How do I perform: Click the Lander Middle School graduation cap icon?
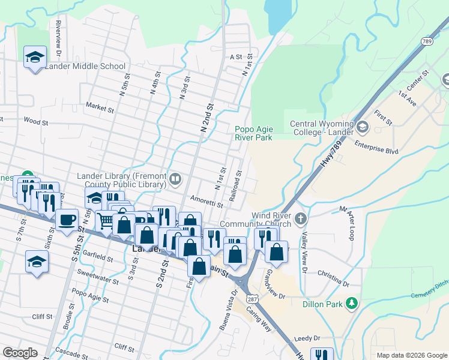35,58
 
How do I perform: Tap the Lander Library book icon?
175,178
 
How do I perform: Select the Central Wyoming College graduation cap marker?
362,127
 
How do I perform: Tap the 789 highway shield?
427,41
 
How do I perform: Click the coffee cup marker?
67,218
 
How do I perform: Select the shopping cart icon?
106,221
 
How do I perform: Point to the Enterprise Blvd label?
376,148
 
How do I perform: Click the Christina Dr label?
334,277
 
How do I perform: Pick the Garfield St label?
98,259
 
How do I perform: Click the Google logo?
20,353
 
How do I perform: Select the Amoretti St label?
206,201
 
